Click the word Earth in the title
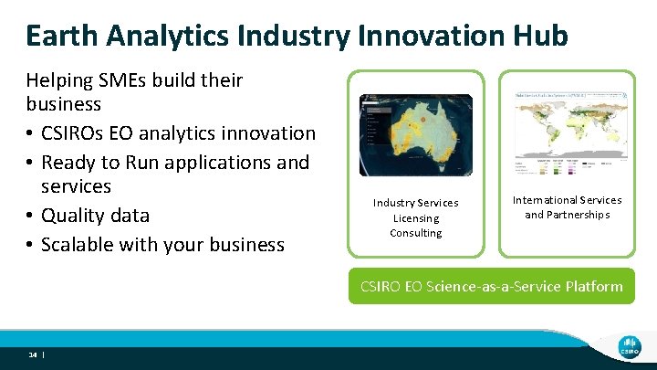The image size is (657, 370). pos(63,35)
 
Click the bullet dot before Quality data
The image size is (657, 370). pos(30,216)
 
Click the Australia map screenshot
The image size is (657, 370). pos(415,135)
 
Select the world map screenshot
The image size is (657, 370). pos(567,133)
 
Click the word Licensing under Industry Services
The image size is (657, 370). pos(415,218)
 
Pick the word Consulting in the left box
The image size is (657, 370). pos(415,233)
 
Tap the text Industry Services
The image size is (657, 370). pos(415,203)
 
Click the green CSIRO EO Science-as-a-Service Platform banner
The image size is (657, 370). pos(491,286)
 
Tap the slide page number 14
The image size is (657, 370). pos(32,354)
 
